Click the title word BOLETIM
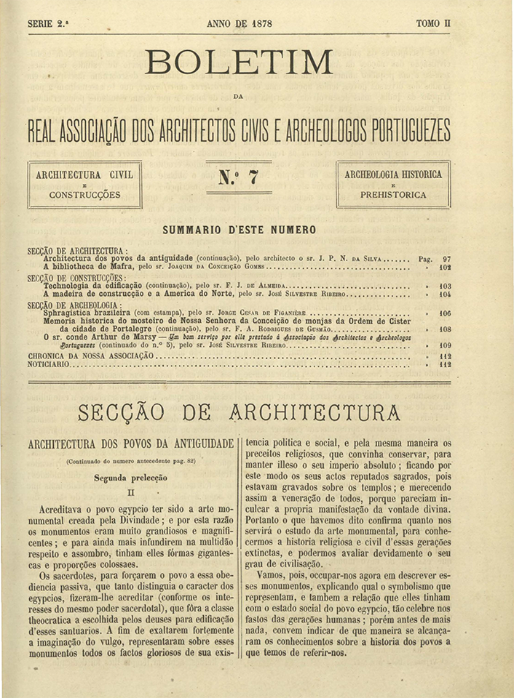(239, 63)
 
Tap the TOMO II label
(433, 23)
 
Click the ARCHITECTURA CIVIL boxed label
(84, 174)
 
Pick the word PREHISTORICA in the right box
(393, 195)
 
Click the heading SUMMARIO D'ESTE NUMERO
(239, 230)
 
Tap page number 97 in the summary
(446, 258)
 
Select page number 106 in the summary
(446, 313)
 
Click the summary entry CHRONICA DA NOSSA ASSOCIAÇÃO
(90, 356)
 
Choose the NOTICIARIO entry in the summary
(49, 364)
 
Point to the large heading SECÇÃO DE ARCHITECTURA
(239, 412)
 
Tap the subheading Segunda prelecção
(130, 478)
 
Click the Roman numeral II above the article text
(131, 492)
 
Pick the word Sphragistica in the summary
(73, 313)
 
